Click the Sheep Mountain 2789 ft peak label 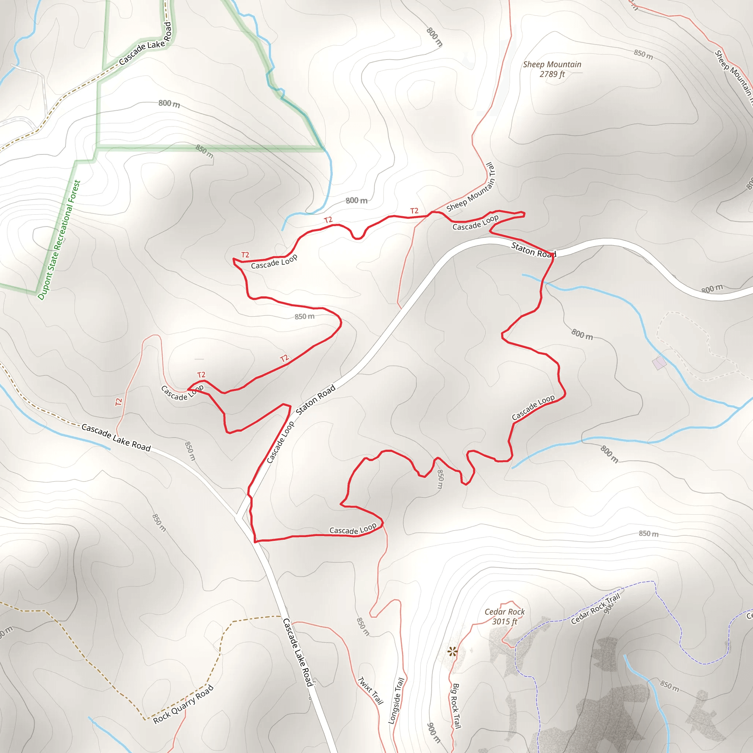552,69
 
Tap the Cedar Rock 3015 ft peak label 504,616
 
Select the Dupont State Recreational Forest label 59,240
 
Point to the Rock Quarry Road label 183,704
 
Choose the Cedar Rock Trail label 595,609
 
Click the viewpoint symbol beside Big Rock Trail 452,651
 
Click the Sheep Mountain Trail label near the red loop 471,188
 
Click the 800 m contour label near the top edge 434,37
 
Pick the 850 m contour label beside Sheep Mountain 643,54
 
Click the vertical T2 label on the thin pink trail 119,402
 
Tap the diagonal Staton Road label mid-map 316,400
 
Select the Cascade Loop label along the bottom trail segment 353,529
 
